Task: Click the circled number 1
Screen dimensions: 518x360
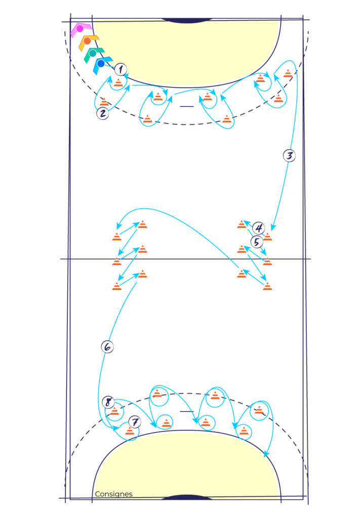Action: point(121,69)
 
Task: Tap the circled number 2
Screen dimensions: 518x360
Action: point(103,113)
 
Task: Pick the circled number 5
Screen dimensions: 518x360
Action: point(257,242)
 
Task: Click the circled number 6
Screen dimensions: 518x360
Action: point(107,347)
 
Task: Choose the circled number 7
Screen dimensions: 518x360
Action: point(134,421)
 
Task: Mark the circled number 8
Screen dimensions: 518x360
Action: point(108,403)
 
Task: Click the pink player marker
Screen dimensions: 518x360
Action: point(80,29)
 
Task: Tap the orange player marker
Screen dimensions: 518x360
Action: point(87,41)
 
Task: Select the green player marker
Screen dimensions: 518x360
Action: point(93,53)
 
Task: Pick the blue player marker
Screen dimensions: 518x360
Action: point(101,64)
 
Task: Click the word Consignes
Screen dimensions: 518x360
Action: point(113,494)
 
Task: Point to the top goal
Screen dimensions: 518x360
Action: point(186,21)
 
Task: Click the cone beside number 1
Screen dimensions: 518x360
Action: point(118,82)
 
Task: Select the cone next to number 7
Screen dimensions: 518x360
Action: point(131,431)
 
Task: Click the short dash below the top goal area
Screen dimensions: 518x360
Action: point(186,107)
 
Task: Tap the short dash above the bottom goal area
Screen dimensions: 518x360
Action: point(187,412)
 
